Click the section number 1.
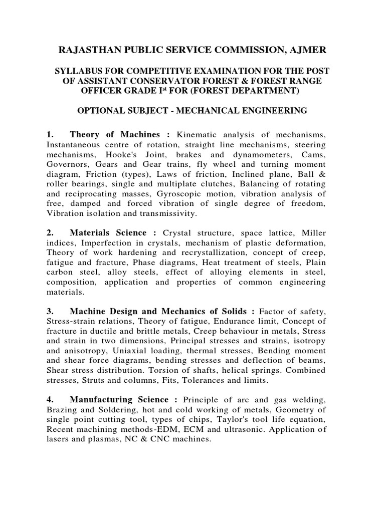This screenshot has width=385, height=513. point(50,135)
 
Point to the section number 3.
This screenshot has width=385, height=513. point(50,312)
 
